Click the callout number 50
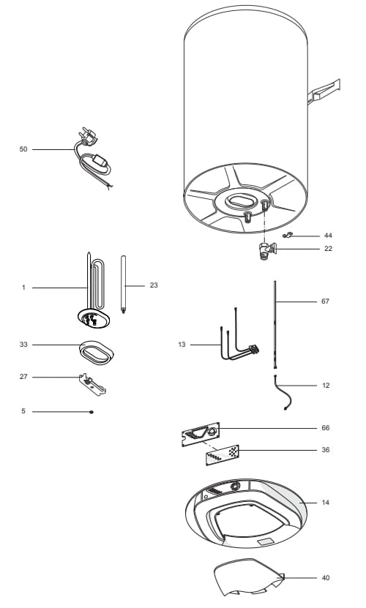tap(23, 149)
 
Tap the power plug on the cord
tap(87, 137)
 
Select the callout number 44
tap(328, 236)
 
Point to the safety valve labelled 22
tap(267, 251)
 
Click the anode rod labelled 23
tap(123, 284)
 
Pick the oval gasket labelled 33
tap(97, 353)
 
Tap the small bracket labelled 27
tap(92, 384)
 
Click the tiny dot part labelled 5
tap(91, 412)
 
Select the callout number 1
tap(23, 288)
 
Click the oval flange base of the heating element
tap(94, 318)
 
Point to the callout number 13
tap(182, 345)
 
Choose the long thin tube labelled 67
tap(275, 325)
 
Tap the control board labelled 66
tap(201, 435)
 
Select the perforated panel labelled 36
tap(223, 455)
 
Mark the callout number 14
tap(325, 503)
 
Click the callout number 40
tap(325, 578)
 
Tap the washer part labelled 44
tap(288, 235)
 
